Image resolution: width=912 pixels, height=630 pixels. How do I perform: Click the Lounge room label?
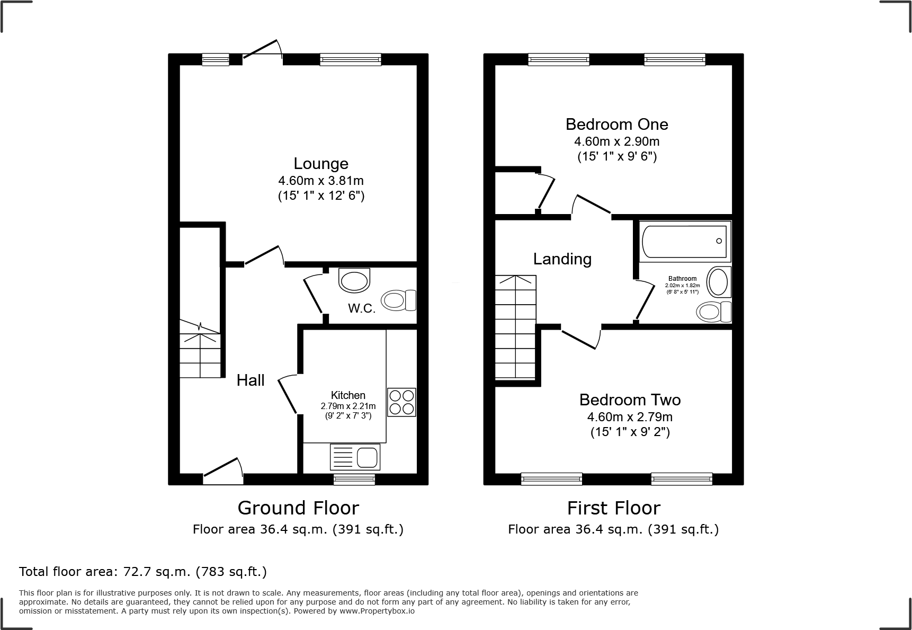[x=321, y=164]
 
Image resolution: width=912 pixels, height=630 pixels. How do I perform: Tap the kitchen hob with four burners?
[x=401, y=402]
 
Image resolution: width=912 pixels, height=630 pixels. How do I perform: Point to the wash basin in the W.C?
[x=354, y=281]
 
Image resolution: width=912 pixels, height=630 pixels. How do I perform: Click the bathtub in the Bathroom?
[x=684, y=241]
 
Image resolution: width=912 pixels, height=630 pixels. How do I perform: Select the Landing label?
[x=562, y=259]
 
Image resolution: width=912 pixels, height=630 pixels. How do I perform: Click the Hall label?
[x=250, y=380]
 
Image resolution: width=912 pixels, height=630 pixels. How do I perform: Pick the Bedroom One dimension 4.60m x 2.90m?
[x=616, y=141]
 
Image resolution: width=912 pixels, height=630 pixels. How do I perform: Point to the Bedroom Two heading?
[x=630, y=400]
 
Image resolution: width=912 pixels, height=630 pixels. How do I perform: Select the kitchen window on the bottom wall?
[x=354, y=480]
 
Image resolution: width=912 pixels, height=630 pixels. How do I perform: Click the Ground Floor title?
[x=298, y=508]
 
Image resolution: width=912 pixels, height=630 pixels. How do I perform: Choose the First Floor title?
[x=613, y=508]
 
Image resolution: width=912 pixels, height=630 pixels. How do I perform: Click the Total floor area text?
[x=143, y=572]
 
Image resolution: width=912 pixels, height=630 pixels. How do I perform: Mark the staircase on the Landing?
[x=515, y=327]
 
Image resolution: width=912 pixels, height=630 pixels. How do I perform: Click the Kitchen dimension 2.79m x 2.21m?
[x=348, y=406]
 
